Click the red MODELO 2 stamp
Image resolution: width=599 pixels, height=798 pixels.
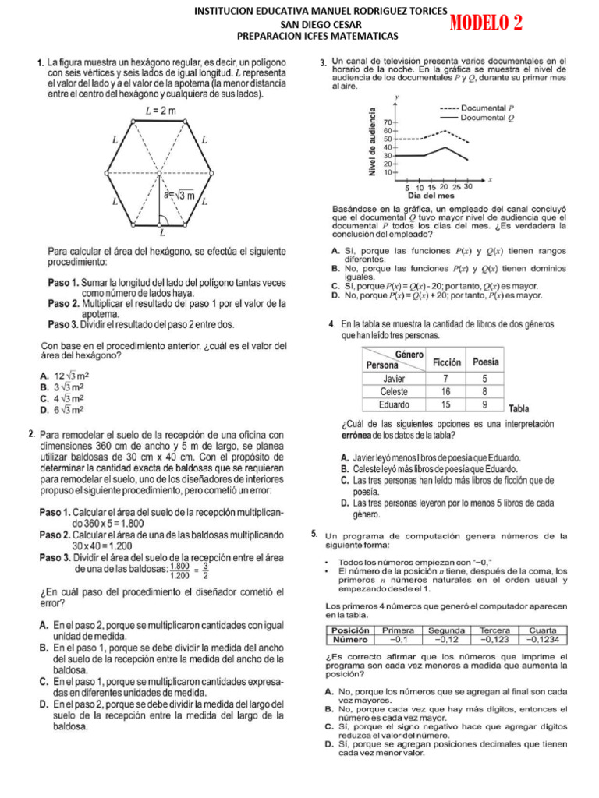click(x=487, y=24)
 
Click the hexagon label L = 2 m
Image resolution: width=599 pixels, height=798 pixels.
click(x=161, y=111)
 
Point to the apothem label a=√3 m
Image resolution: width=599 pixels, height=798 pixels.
click(x=180, y=195)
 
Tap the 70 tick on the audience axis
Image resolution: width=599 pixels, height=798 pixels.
click(x=388, y=122)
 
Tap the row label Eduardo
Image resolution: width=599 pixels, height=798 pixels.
click(x=394, y=404)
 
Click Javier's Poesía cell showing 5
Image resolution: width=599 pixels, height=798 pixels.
click(x=485, y=378)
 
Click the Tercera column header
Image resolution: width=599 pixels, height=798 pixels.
click(x=494, y=629)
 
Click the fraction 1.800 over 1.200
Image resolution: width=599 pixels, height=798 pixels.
click(x=179, y=570)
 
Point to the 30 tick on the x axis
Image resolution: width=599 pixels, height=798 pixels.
click(x=468, y=187)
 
